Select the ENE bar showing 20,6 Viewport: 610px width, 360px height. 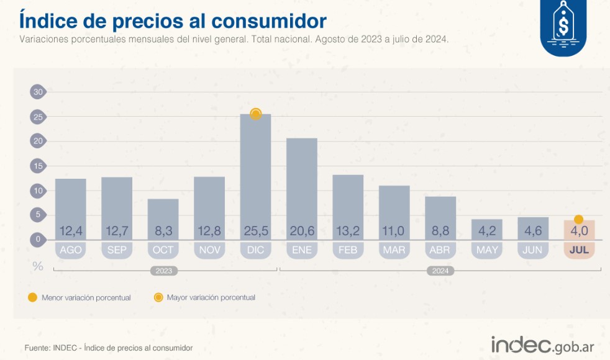[x=301, y=186]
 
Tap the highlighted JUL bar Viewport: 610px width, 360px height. [x=579, y=230]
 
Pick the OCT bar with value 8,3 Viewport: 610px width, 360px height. [x=163, y=217]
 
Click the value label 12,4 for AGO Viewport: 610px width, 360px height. [x=70, y=232]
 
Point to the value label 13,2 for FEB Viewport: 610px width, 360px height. [x=348, y=232]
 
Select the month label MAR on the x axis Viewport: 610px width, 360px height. [x=394, y=250]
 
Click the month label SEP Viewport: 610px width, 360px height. [x=117, y=250]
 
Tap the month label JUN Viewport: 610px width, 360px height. [x=533, y=250]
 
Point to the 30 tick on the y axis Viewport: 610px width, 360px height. [x=38, y=92]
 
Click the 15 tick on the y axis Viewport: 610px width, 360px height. [x=38, y=166]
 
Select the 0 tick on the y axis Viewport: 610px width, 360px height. [x=38, y=239]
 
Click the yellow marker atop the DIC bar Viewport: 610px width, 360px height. [x=255, y=114]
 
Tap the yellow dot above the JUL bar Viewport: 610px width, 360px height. [x=578, y=219]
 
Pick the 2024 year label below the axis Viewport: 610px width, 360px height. [x=440, y=271]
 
